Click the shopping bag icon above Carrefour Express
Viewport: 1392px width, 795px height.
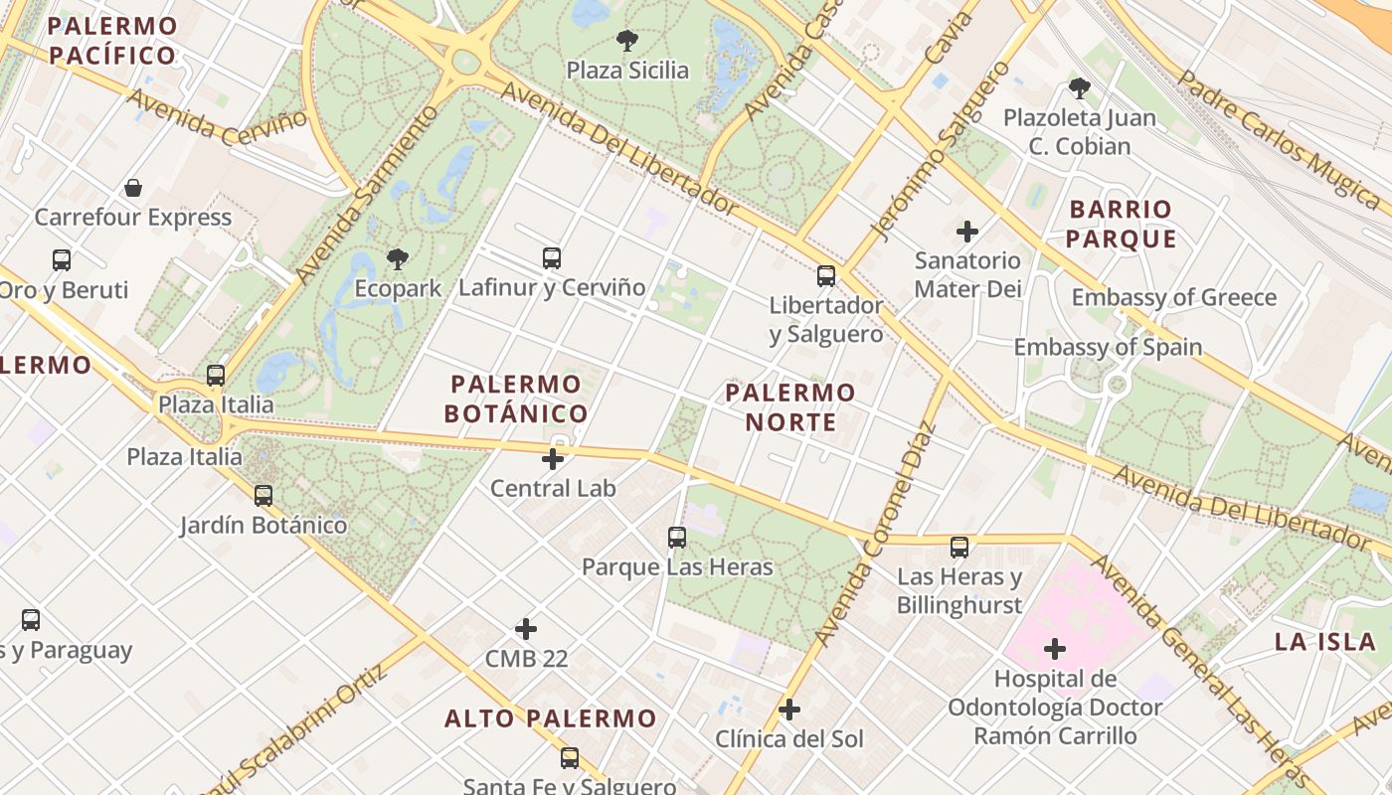[x=133, y=188]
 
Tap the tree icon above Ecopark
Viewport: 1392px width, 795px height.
[x=398, y=260]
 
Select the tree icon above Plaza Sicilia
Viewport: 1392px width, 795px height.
[x=626, y=41]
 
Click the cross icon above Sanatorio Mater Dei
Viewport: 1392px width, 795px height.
[x=967, y=232]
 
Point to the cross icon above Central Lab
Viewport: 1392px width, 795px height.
[x=553, y=459]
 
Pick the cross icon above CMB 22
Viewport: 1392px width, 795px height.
[x=526, y=629]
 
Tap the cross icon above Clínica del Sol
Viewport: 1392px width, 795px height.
[x=789, y=710]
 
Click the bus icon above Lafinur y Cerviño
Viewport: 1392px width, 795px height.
[x=552, y=258]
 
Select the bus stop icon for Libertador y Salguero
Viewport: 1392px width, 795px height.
[x=826, y=276]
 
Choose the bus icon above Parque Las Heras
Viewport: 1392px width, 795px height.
[x=677, y=538]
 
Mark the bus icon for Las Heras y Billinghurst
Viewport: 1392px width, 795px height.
[x=959, y=548]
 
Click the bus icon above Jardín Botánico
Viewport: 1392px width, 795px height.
[x=263, y=495]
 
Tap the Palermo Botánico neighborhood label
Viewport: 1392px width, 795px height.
[x=515, y=398]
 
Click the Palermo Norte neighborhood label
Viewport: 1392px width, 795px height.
[x=790, y=406]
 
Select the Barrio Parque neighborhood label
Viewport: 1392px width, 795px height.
[x=1121, y=224]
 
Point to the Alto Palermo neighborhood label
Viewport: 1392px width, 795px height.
[x=551, y=718]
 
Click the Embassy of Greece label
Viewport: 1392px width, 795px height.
[x=1173, y=297]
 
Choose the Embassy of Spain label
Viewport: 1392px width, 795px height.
[x=1108, y=347]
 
